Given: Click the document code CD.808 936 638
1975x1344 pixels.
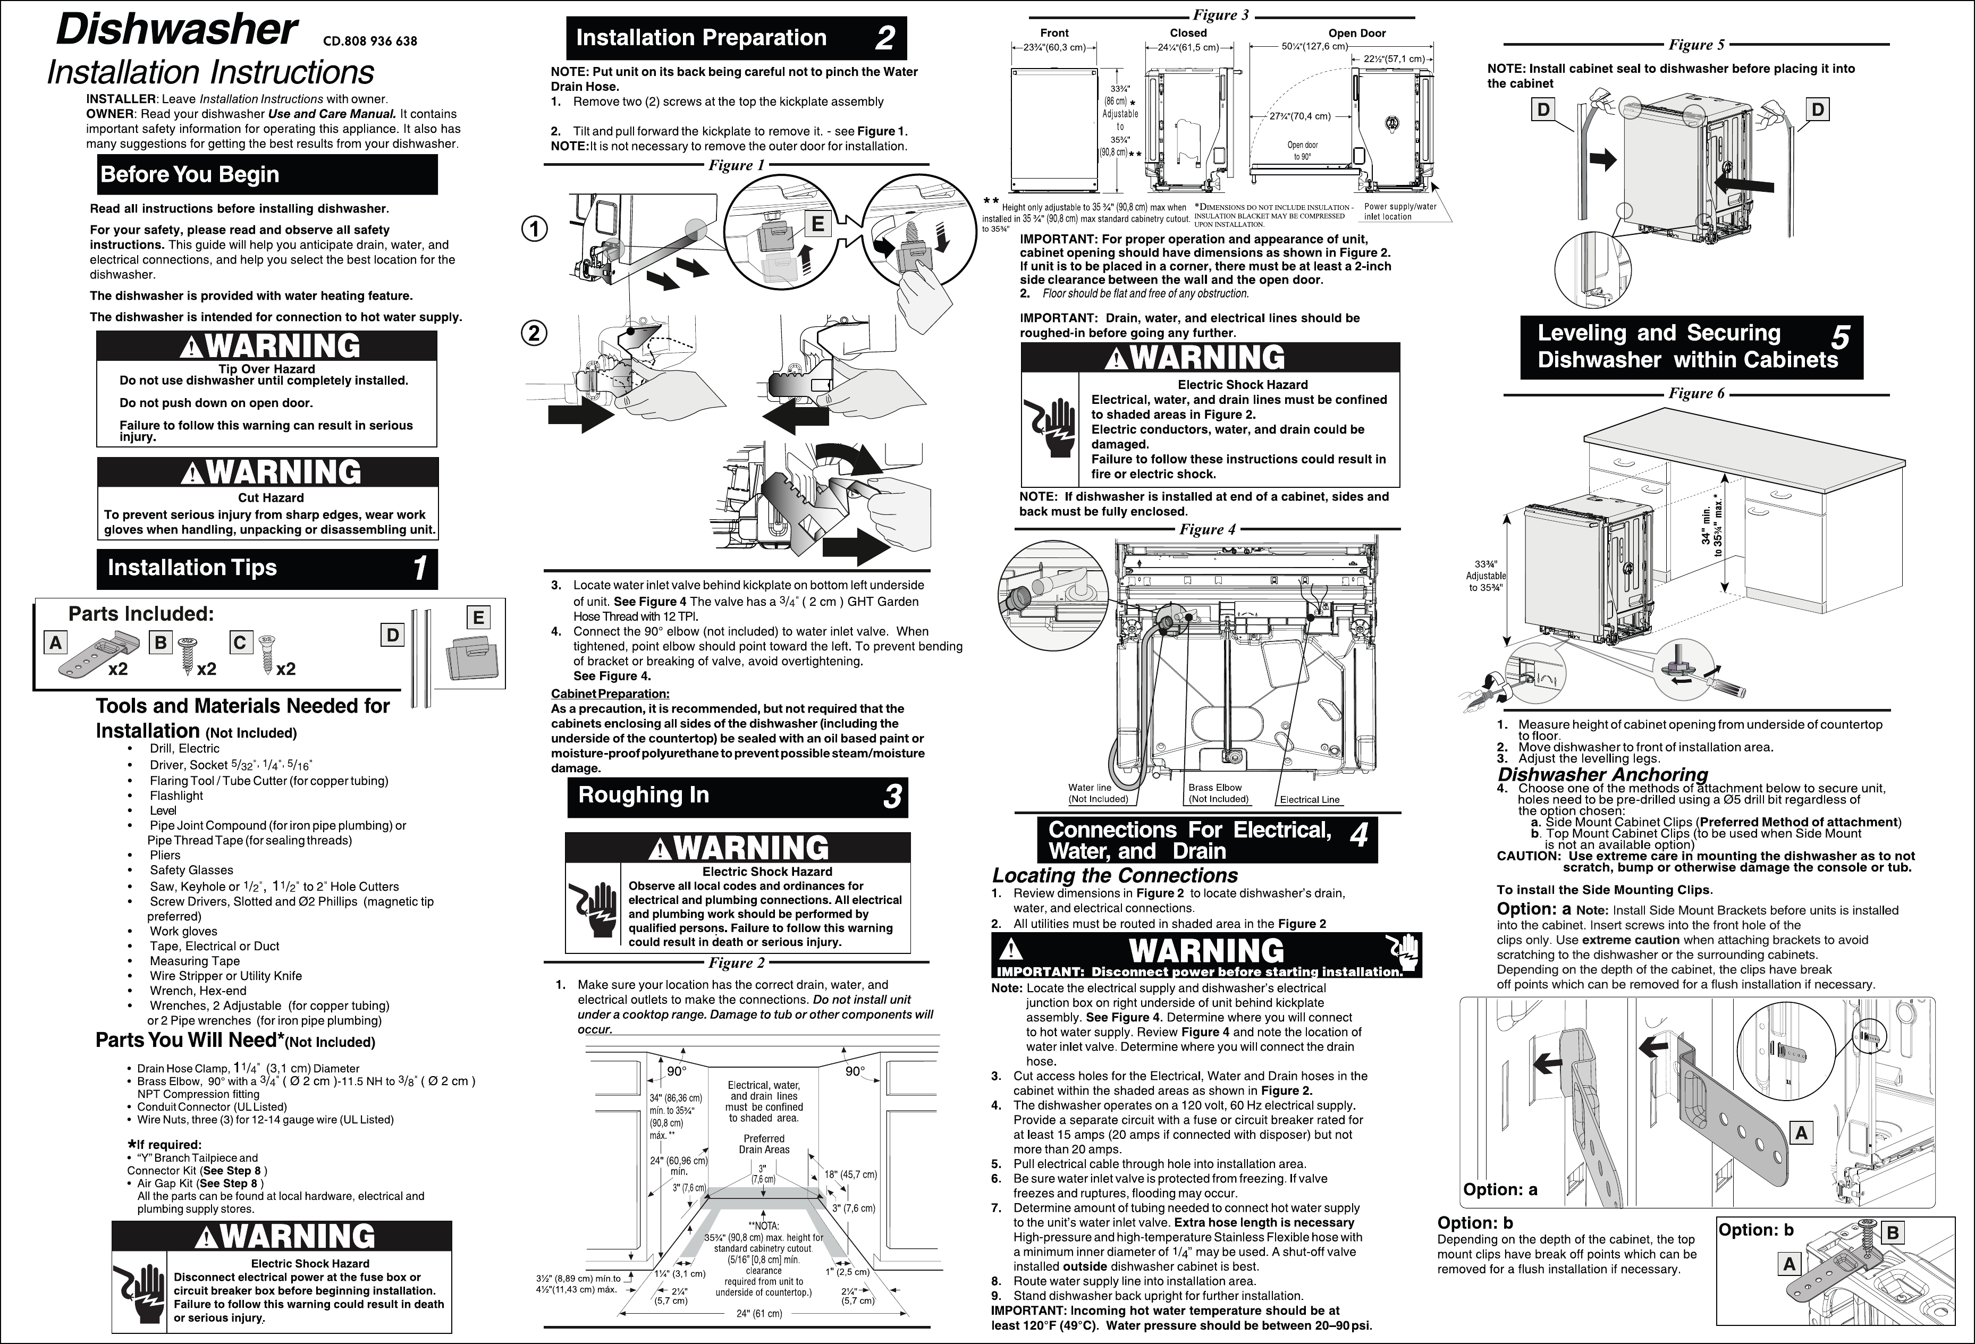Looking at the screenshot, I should click(x=370, y=41).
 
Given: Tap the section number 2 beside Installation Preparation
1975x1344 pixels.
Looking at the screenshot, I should click(x=885, y=38).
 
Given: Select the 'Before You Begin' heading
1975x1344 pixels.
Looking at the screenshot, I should click(x=190, y=174).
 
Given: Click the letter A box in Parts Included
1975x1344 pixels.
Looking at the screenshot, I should click(x=56, y=643).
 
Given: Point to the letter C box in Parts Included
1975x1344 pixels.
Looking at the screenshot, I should click(x=240, y=643).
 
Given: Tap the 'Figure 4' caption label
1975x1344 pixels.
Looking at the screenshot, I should click(x=1208, y=529).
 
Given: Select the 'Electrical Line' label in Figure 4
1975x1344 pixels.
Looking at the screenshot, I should click(x=1310, y=799).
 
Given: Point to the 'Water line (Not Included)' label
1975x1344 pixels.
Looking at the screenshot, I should click(x=1097, y=793).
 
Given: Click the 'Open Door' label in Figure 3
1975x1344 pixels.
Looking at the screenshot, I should click(x=1357, y=33).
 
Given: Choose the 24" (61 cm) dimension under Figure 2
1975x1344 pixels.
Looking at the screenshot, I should click(x=759, y=1313).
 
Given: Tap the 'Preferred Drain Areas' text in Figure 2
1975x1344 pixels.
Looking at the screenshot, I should click(x=764, y=1144).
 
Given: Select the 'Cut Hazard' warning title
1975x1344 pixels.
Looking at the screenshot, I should click(x=270, y=498).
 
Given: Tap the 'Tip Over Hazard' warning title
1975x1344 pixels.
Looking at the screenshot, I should click(x=266, y=369).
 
